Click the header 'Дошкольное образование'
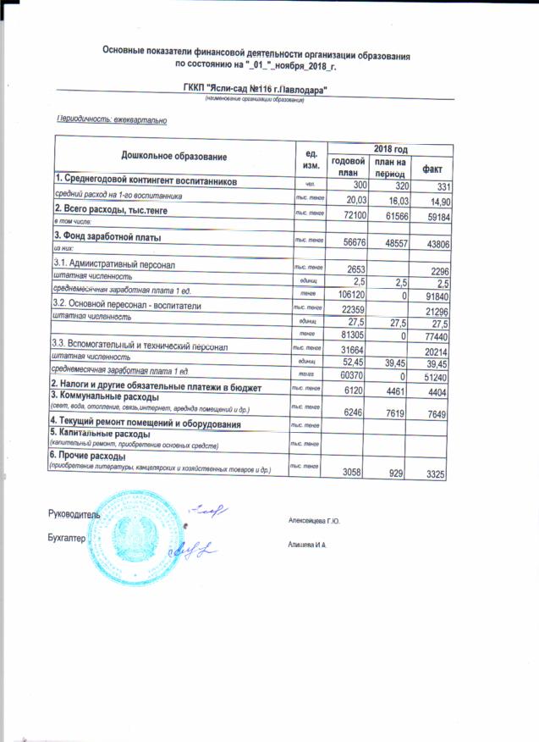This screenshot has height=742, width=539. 174,157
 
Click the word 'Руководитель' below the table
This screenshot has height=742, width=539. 74,513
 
